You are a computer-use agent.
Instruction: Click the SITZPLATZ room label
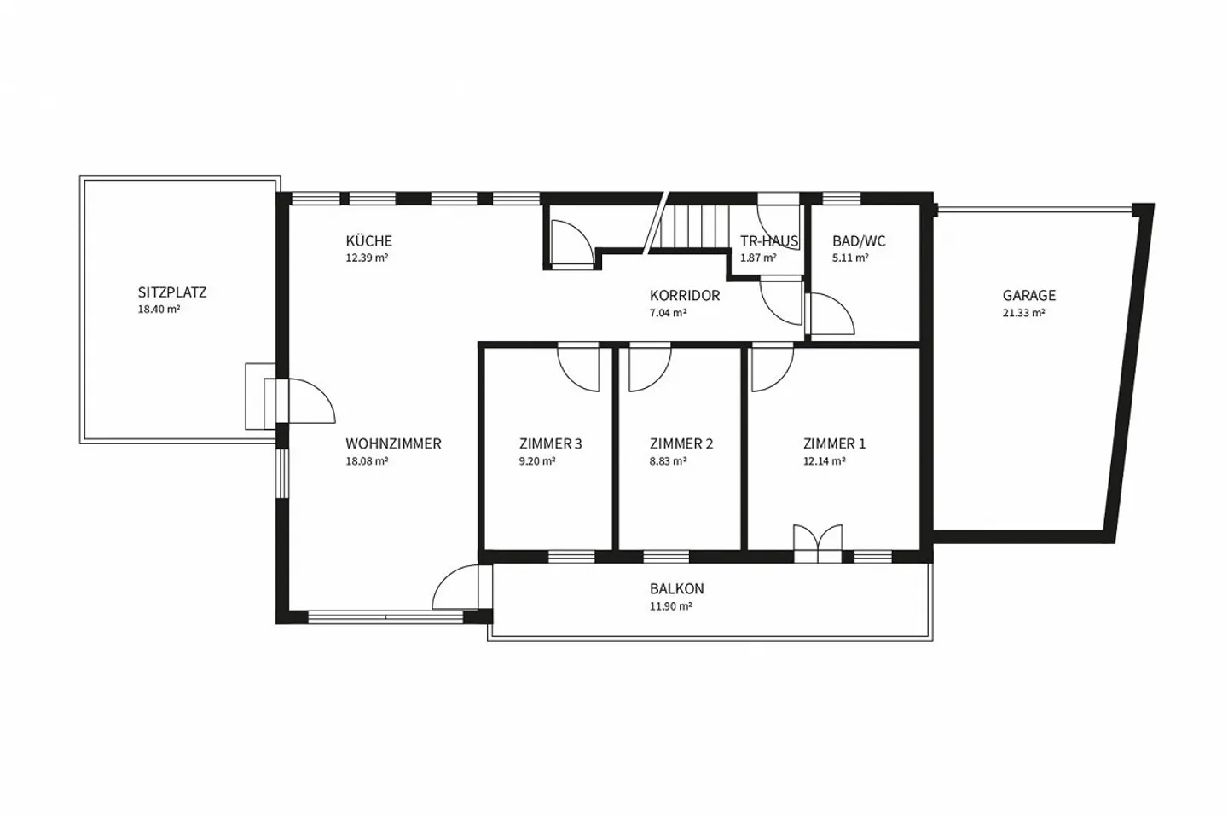pyautogui.click(x=172, y=292)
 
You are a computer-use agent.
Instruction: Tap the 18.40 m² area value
pyautogui.click(x=159, y=309)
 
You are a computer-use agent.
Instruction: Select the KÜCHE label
pyautogui.click(x=369, y=240)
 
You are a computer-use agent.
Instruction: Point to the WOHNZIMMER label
pyautogui.click(x=393, y=443)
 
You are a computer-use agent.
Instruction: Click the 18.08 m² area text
pyautogui.click(x=367, y=461)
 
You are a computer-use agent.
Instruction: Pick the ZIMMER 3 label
pyautogui.click(x=550, y=443)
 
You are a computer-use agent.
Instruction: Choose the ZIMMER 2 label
pyautogui.click(x=681, y=443)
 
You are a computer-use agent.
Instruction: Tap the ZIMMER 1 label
pyautogui.click(x=834, y=443)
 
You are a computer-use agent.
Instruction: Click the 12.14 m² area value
pyautogui.click(x=824, y=461)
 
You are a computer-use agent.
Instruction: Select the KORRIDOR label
pyautogui.click(x=685, y=296)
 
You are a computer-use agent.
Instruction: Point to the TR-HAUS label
pyautogui.click(x=769, y=241)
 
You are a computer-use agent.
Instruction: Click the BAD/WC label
pyautogui.click(x=859, y=241)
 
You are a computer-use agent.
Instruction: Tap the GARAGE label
pyautogui.click(x=1029, y=296)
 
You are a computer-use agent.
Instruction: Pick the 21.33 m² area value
pyautogui.click(x=1023, y=313)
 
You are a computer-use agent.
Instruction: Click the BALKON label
pyautogui.click(x=676, y=589)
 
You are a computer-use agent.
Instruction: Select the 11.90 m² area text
pyautogui.click(x=670, y=606)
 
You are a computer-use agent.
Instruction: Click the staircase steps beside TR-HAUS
pyautogui.click(x=694, y=226)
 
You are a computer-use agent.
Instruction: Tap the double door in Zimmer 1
pyautogui.click(x=817, y=543)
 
